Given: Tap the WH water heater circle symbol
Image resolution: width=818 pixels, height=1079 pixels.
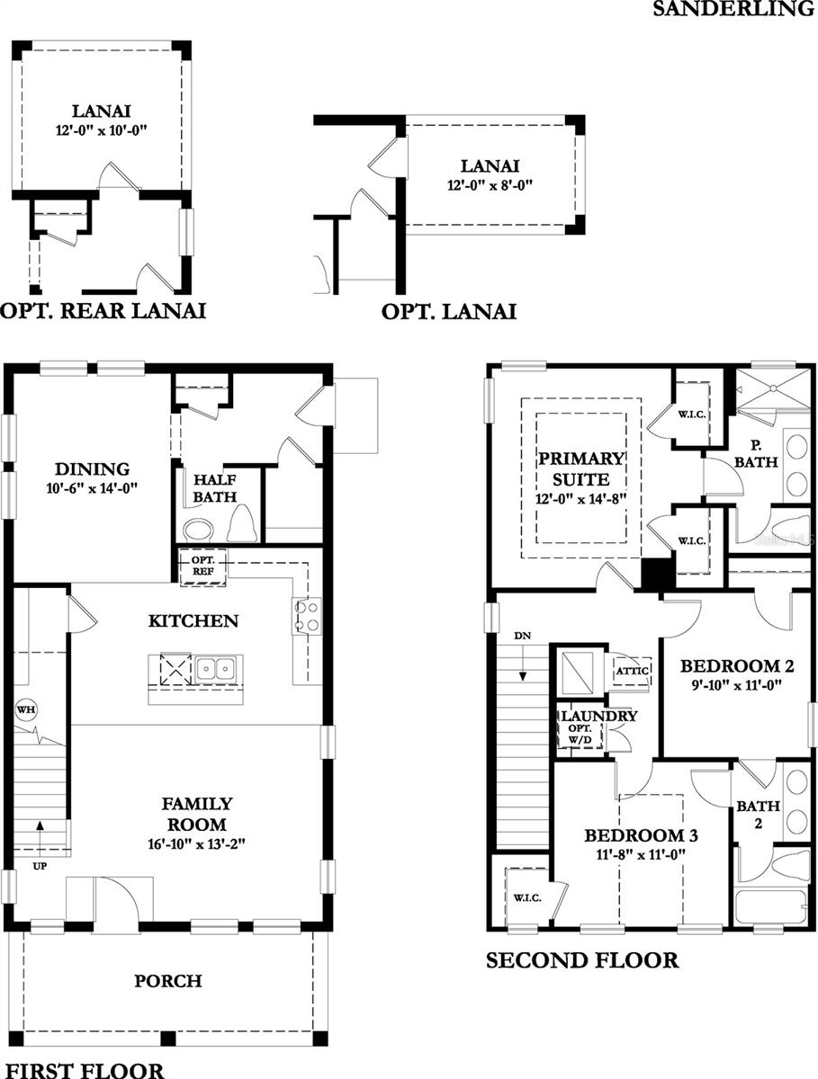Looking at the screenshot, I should click(24, 710).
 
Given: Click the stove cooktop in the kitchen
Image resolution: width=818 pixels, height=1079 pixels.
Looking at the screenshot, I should click(306, 617).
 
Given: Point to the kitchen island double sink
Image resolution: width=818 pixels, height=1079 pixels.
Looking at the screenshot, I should click(216, 668).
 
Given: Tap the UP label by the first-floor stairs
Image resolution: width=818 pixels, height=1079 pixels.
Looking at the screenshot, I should click(40, 866).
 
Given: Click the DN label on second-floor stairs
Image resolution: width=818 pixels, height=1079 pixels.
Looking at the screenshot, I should click(523, 636).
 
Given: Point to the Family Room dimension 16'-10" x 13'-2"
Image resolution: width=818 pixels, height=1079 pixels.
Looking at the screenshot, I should click(197, 843).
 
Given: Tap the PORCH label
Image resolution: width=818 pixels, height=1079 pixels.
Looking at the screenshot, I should click(169, 981).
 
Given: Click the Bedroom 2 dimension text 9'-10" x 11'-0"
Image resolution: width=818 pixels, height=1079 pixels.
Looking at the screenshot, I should click(737, 685).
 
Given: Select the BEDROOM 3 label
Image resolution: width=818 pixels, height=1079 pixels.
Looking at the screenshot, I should click(641, 835).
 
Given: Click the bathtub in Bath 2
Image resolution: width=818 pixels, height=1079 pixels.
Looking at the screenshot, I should click(771, 906).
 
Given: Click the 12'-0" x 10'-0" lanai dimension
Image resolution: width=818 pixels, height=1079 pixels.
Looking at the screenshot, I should click(101, 130).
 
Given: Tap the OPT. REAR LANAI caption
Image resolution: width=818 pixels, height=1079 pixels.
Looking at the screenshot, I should click(103, 311).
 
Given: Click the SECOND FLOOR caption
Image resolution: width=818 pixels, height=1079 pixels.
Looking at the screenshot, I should click(582, 960).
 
